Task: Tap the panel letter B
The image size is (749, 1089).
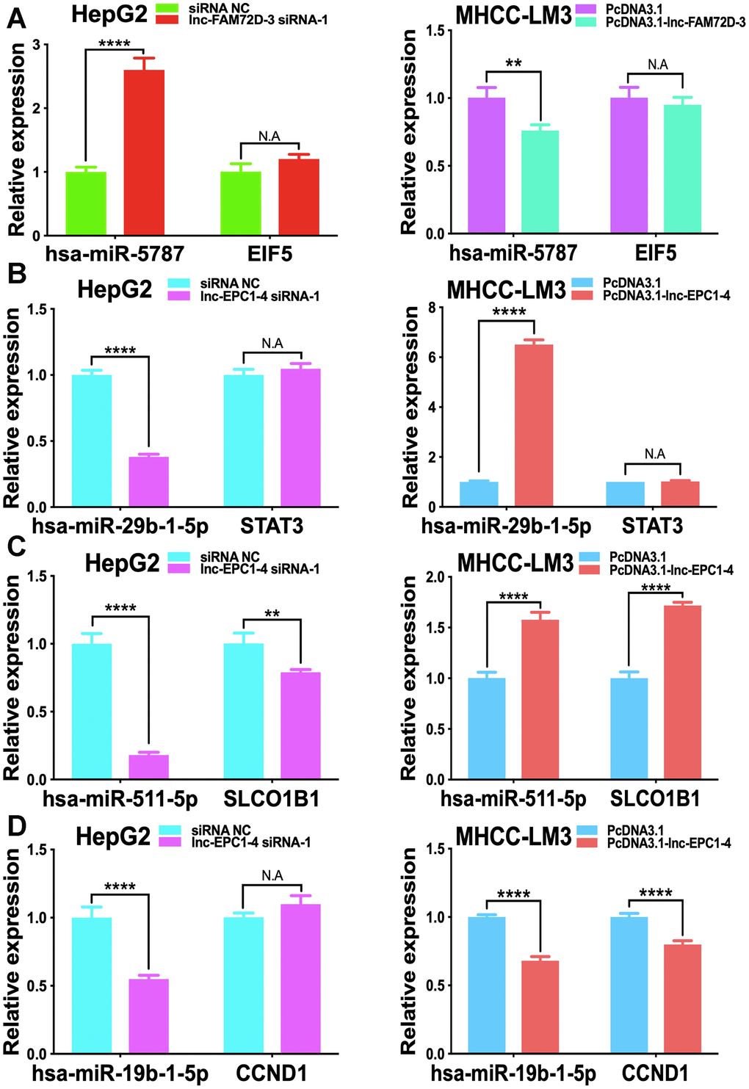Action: tap(16, 275)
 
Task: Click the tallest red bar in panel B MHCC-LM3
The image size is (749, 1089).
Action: tap(534, 425)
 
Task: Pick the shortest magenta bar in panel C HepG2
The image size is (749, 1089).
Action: tap(149, 767)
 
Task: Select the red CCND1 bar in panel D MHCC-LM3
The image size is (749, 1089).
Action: tap(683, 999)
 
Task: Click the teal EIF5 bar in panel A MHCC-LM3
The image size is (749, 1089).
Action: tap(682, 169)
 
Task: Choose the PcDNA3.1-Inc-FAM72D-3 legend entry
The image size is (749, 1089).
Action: tap(676, 23)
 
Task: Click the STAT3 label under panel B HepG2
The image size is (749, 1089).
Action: tap(272, 526)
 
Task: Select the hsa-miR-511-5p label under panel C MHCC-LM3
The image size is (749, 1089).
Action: tap(513, 798)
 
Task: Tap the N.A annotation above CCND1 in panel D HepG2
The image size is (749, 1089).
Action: tap(272, 875)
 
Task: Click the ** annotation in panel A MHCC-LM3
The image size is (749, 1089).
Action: tap(513, 63)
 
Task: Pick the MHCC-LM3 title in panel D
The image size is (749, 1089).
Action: tap(513, 836)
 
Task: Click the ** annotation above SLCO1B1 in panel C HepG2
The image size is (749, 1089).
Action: tap(272, 614)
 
